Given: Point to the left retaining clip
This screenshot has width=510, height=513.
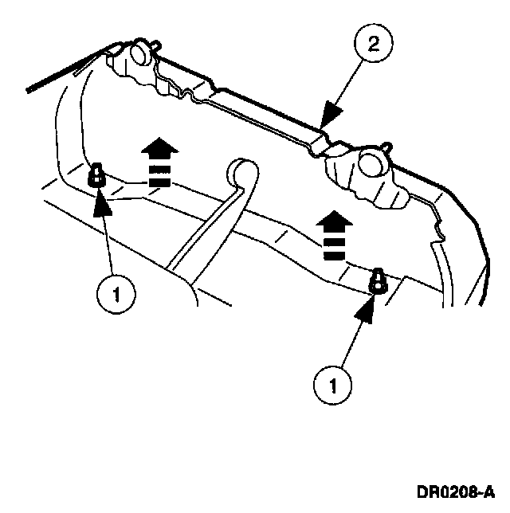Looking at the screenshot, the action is tap(96, 173).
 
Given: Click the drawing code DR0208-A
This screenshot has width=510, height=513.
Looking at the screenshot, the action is tap(453, 490).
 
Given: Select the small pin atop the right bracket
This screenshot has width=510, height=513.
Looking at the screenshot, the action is tap(388, 147).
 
